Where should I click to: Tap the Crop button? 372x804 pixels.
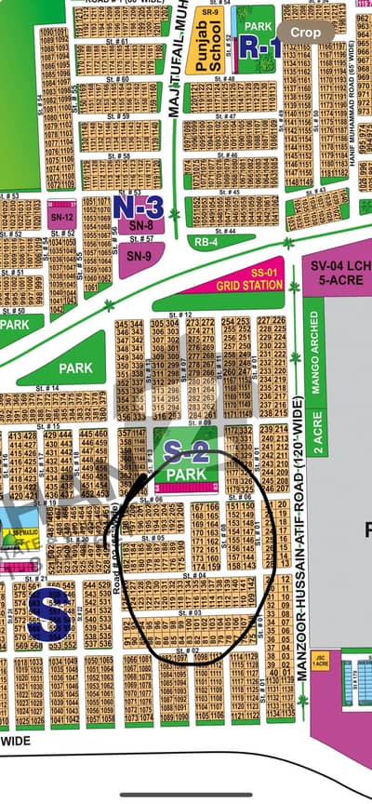tap(306, 32)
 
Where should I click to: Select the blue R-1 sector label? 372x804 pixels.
tap(261, 47)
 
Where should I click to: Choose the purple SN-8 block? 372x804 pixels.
tap(140, 225)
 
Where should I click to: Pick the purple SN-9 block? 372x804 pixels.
tap(139, 257)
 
